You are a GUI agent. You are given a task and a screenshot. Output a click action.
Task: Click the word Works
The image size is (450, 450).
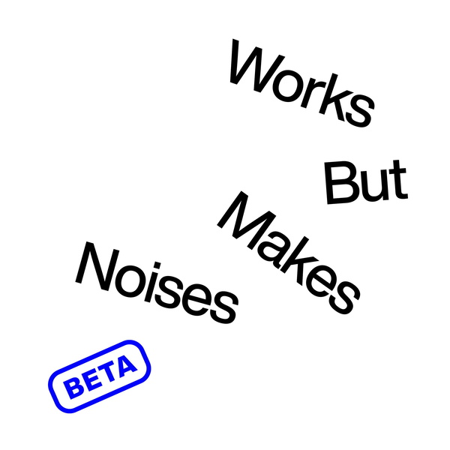[301, 83]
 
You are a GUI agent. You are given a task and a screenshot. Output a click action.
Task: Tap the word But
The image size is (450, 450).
[365, 183]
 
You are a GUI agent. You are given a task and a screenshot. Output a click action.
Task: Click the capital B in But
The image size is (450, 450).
[338, 183]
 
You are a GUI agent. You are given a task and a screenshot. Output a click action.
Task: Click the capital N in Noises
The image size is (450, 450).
[97, 266]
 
